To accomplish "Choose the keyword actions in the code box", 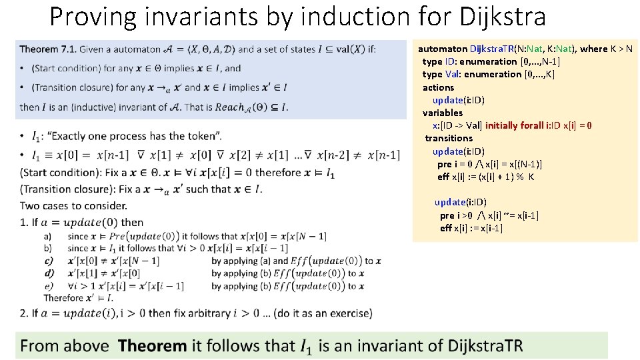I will tap(438, 87).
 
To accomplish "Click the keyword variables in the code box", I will tap(442, 113).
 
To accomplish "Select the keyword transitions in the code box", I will tap(449, 138).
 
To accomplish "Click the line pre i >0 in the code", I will tap(457, 215).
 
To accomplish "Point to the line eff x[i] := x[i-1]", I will tap(471, 228).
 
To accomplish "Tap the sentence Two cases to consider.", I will tap(73, 205).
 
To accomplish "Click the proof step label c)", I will tap(48, 261).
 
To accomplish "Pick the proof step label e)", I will tap(48, 286).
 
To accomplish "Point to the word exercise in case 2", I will tap(347, 313).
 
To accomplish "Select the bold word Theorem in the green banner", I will tap(152, 346).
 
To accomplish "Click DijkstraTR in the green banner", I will tap(486, 346).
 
